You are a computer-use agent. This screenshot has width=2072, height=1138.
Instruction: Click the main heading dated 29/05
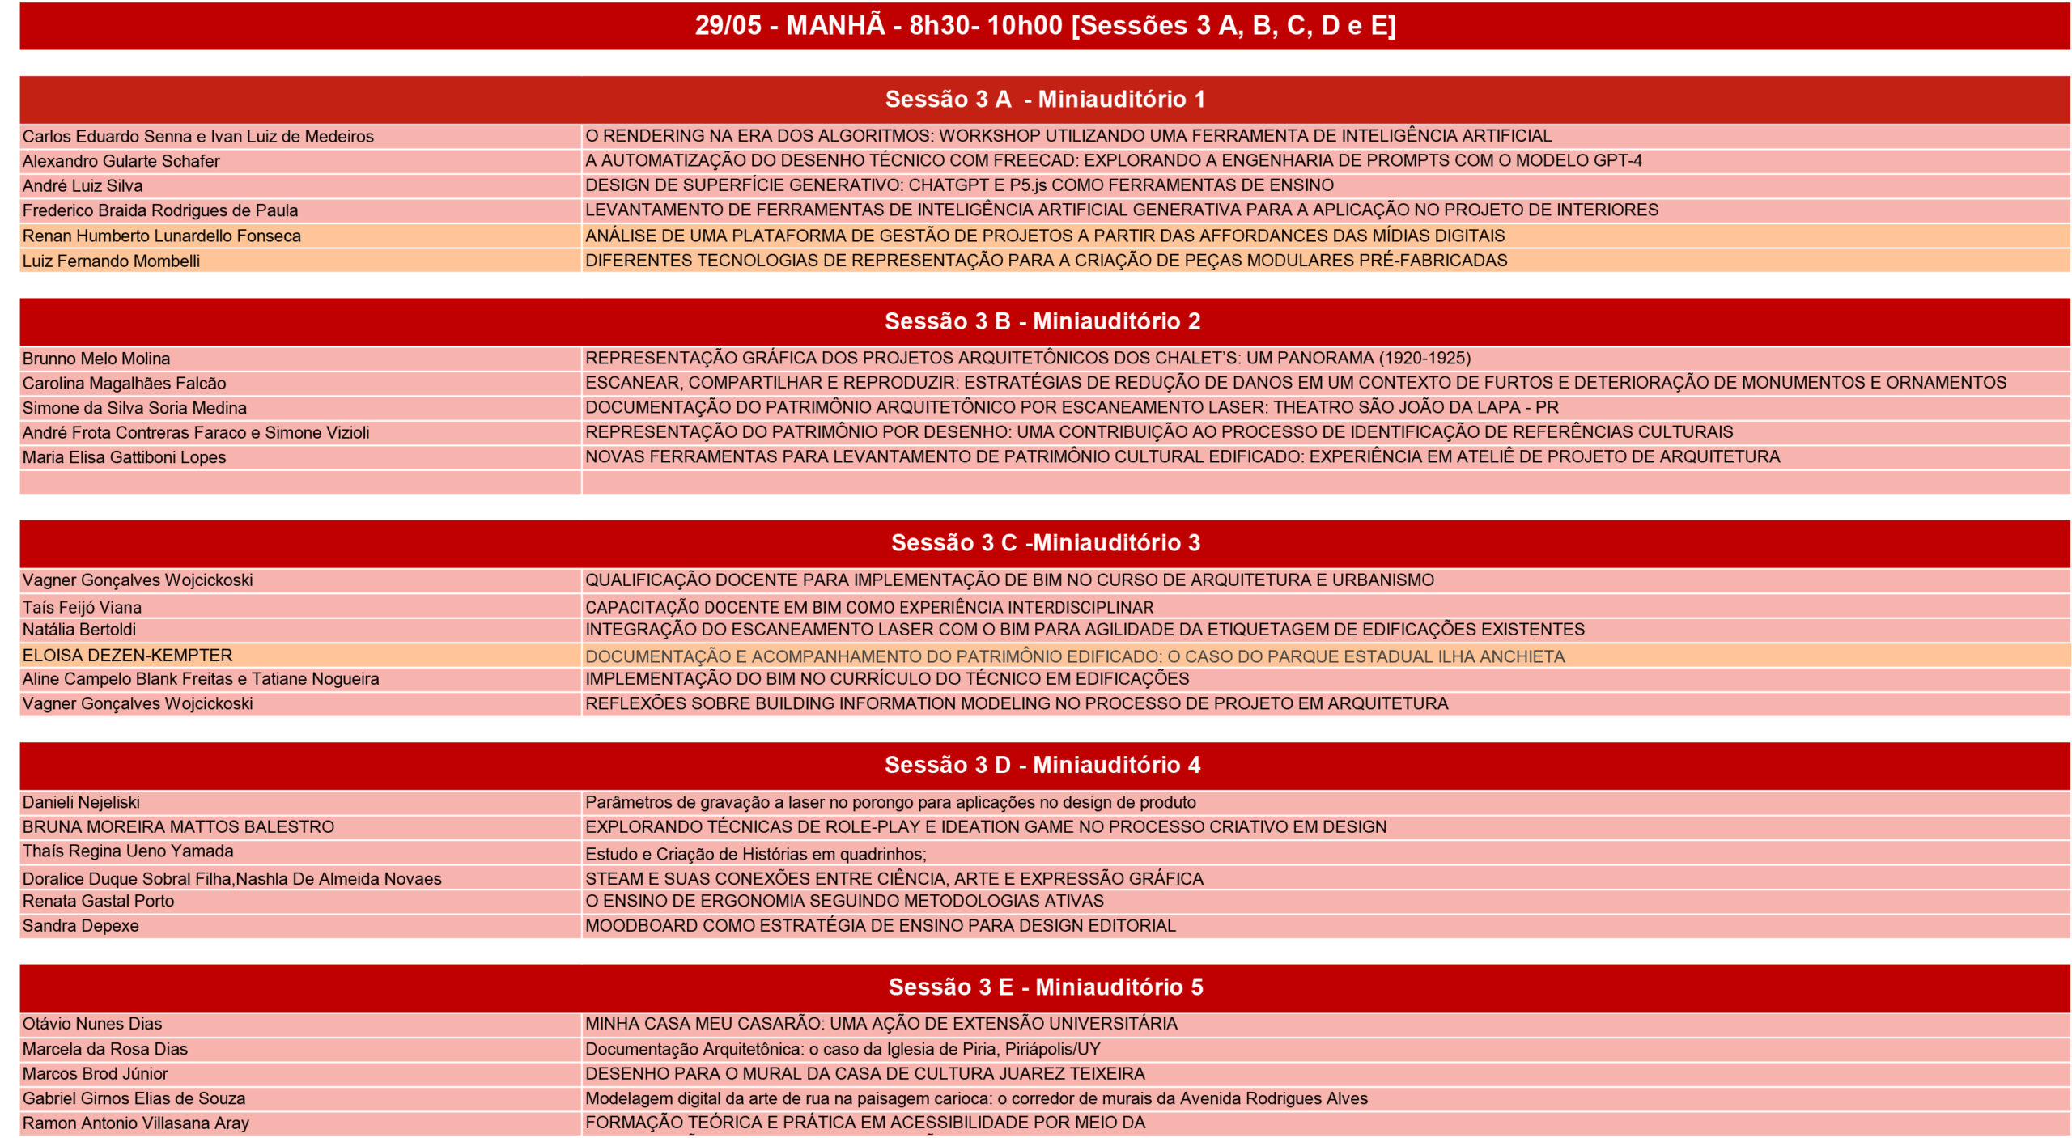tap(1044, 25)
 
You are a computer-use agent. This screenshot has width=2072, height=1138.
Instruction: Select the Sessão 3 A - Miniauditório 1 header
tap(1044, 99)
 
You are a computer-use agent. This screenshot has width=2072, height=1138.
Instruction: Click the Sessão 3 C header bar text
tap(1045, 542)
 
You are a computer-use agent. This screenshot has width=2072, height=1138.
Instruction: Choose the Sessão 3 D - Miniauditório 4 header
tap(1042, 765)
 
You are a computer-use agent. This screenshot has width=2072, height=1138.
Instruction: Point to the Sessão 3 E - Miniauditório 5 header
tap(1045, 987)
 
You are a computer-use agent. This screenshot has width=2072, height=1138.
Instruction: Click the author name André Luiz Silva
tap(83, 186)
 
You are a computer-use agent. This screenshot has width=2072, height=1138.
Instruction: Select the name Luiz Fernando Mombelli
tap(111, 261)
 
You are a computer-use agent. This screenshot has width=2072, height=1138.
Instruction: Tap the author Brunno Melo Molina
tap(96, 359)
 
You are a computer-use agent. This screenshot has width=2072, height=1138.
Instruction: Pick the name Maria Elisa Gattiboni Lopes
tap(124, 457)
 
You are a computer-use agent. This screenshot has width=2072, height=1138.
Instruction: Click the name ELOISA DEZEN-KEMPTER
tap(127, 655)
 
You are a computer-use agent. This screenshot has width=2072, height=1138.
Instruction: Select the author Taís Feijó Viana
tap(82, 607)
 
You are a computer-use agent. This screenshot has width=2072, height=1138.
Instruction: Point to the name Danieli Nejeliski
tap(81, 802)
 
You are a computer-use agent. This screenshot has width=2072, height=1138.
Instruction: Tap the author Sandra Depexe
tap(81, 925)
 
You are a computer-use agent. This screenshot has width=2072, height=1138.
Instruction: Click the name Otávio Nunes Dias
tap(92, 1024)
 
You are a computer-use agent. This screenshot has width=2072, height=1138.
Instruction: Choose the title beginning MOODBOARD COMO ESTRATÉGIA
tap(880, 925)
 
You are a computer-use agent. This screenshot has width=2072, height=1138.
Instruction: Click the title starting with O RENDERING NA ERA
tap(1068, 136)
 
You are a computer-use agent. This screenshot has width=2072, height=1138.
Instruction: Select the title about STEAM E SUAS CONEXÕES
tap(894, 878)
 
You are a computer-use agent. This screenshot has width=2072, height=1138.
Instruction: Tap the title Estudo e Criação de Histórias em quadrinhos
tap(755, 854)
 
